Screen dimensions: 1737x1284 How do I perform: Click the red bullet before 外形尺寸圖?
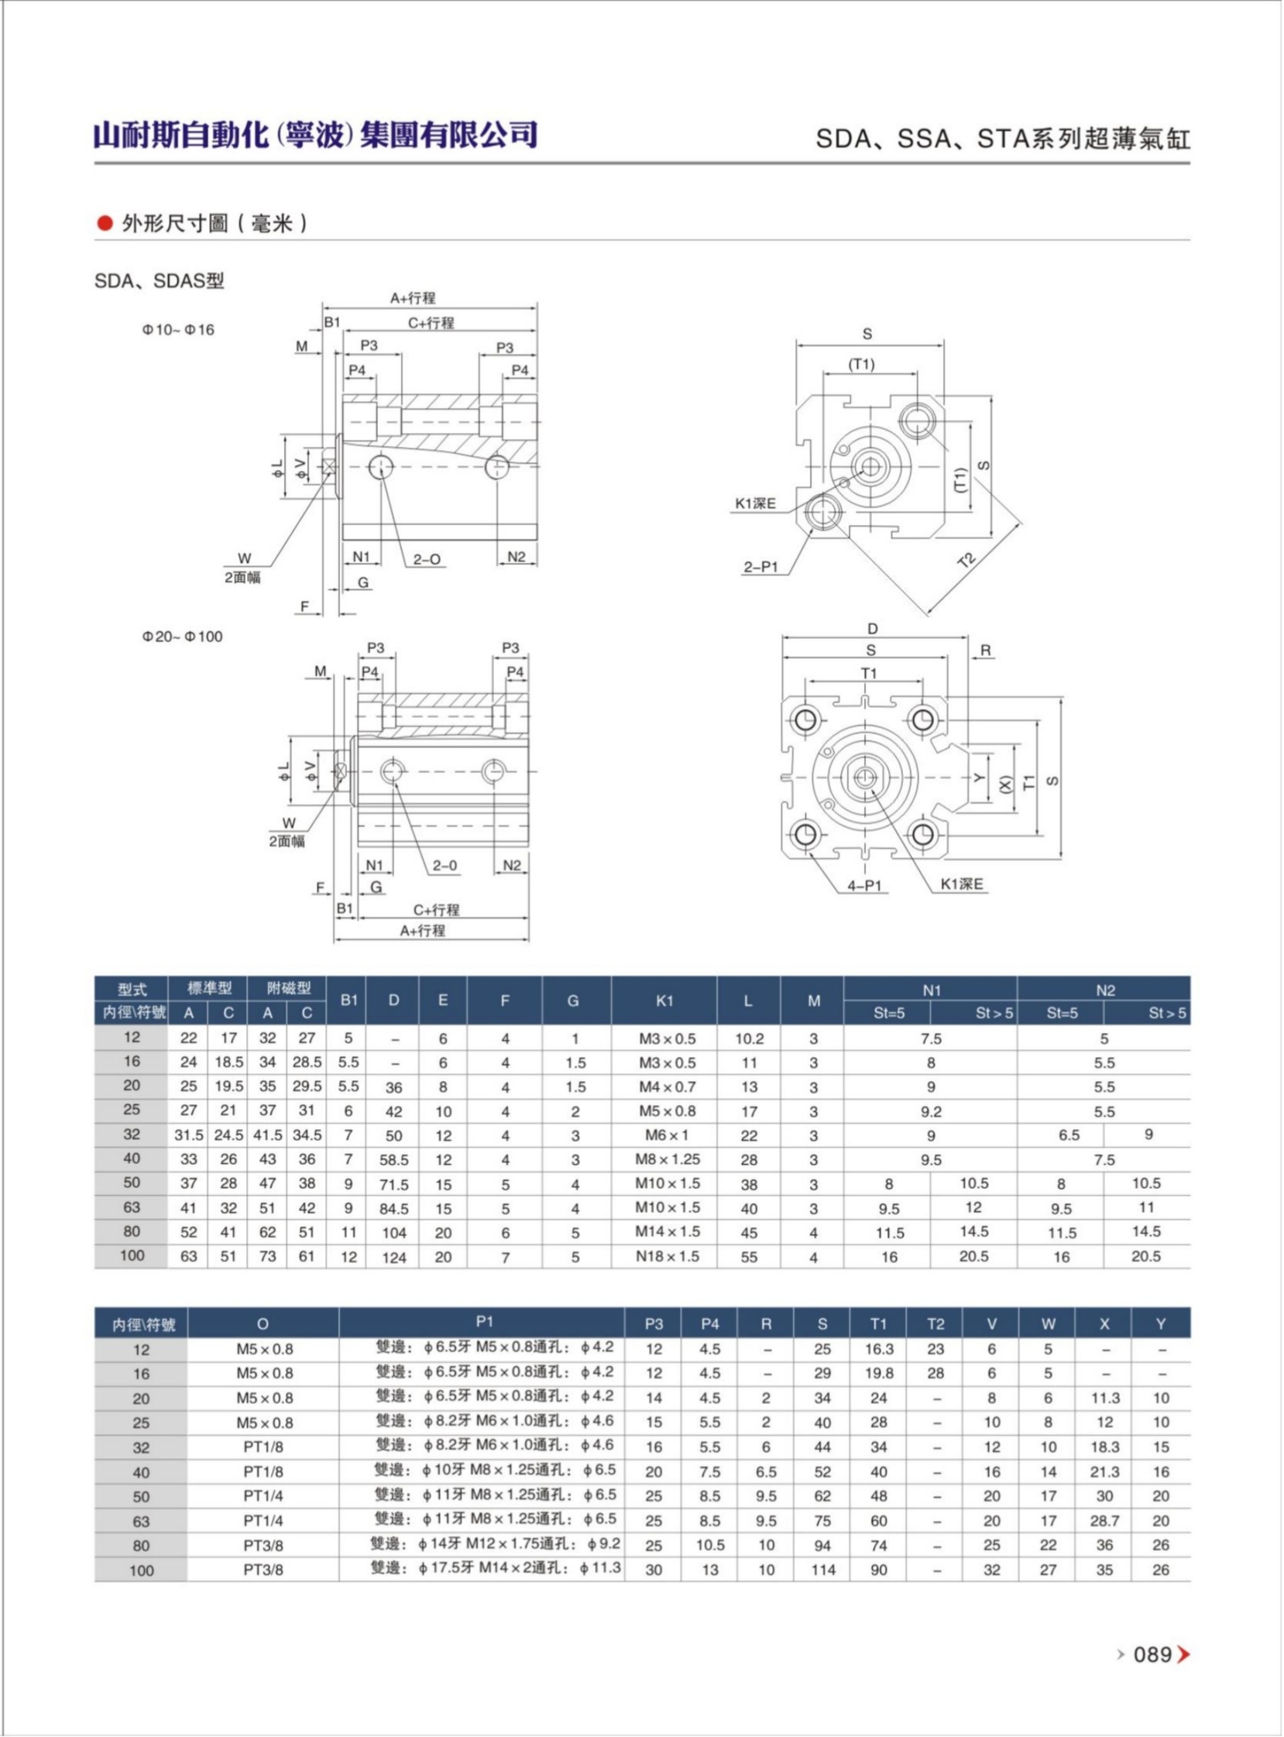[105, 224]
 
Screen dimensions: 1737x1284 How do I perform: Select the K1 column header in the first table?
[664, 1001]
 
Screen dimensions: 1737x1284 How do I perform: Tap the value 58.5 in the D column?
[393, 1159]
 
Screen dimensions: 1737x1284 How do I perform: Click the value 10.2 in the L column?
[748, 1038]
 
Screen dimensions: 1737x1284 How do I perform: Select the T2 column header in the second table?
[935, 1323]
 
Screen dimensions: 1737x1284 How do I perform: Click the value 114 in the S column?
[822, 1570]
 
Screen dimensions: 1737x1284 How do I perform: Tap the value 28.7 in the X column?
[1104, 1521]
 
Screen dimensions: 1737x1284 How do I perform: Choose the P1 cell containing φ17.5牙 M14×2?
[496, 1568]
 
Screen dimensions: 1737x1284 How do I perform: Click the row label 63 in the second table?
[141, 1521]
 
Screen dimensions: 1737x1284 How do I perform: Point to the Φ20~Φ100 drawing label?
[182, 637]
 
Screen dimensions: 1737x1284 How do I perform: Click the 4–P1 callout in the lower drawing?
[863, 885]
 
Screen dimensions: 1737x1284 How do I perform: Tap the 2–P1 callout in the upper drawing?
[760, 567]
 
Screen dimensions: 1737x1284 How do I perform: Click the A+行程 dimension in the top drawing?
[413, 297]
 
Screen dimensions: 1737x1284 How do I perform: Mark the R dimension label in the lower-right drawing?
[986, 651]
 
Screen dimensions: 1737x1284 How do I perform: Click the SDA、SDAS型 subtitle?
[160, 280]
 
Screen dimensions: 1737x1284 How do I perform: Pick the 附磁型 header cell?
[287, 988]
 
